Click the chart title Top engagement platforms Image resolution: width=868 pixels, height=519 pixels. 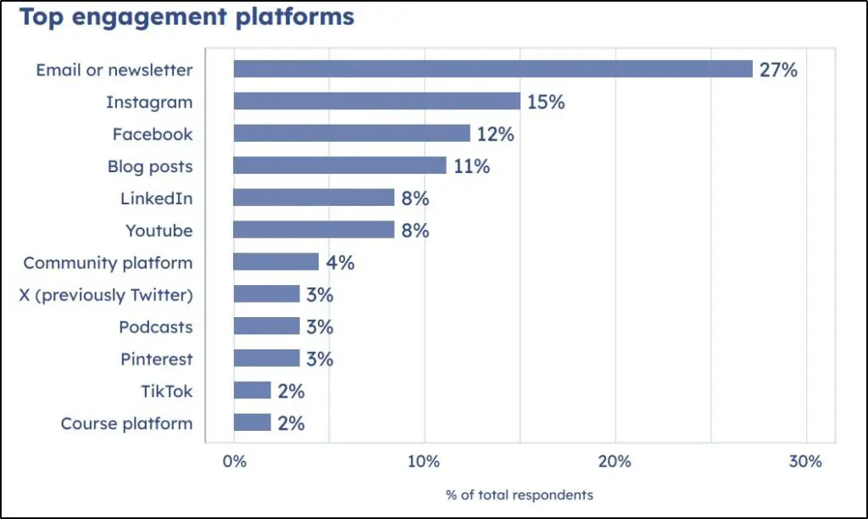[x=186, y=17]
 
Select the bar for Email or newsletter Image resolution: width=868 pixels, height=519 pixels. [x=492, y=70]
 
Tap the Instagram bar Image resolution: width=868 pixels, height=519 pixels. [x=376, y=102]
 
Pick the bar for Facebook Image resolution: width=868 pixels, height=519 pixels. [x=351, y=134]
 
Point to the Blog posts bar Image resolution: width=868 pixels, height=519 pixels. [x=339, y=166]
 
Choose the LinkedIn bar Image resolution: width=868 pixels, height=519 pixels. [x=314, y=198]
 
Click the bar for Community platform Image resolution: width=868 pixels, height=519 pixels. [x=275, y=262]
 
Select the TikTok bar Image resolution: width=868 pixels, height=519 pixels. [x=252, y=391]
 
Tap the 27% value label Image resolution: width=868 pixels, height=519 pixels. [x=778, y=70]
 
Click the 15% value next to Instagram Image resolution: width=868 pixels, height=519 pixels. [x=546, y=103]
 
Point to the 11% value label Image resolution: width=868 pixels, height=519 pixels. [x=471, y=167]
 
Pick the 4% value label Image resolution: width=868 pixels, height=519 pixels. [x=340, y=263]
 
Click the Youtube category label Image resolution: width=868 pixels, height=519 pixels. [x=159, y=231]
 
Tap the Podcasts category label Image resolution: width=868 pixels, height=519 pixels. [x=155, y=327]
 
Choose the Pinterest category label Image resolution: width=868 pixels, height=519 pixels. [x=156, y=360]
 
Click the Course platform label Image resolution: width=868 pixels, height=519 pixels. [x=126, y=424]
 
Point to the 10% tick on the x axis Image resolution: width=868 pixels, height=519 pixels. [x=424, y=462]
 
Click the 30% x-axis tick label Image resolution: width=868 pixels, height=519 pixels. [x=805, y=462]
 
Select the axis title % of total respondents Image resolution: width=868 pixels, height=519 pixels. [x=520, y=494]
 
